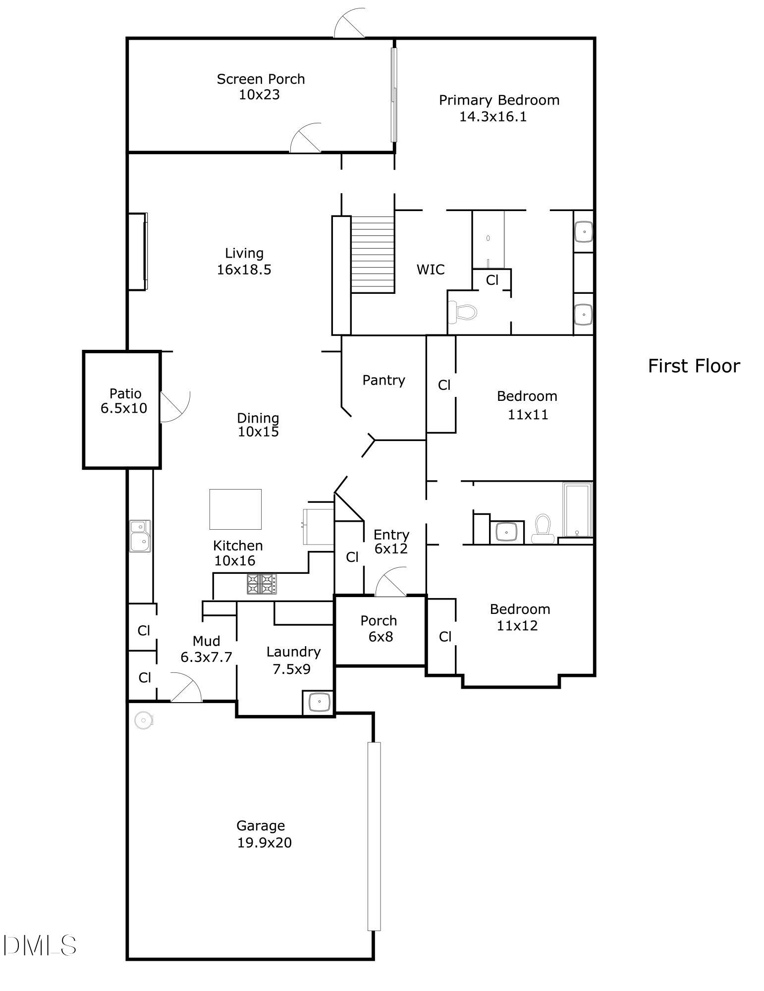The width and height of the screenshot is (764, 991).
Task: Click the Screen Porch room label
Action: point(261,79)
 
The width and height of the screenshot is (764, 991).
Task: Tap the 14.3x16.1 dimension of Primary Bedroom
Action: point(492,117)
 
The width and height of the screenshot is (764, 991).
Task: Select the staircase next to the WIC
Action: point(373,255)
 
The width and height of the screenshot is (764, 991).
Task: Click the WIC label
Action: point(430,270)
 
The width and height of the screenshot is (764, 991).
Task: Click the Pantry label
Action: point(383,380)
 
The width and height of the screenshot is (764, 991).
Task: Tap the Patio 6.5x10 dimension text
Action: point(124,409)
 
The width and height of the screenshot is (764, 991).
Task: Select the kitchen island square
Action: point(235,509)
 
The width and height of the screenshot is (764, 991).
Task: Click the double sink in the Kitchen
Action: point(140,536)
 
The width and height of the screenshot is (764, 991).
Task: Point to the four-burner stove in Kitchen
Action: point(262,584)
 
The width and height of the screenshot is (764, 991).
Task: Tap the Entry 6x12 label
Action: point(391,542)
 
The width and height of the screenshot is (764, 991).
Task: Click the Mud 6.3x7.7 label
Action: point(206,649)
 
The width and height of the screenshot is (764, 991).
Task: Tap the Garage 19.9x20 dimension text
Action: point(264,842)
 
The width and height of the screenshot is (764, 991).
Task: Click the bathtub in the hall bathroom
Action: point(577,510)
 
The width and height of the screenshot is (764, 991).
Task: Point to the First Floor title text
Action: point(694,366)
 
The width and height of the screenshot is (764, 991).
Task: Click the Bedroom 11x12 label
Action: point(519,617)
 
